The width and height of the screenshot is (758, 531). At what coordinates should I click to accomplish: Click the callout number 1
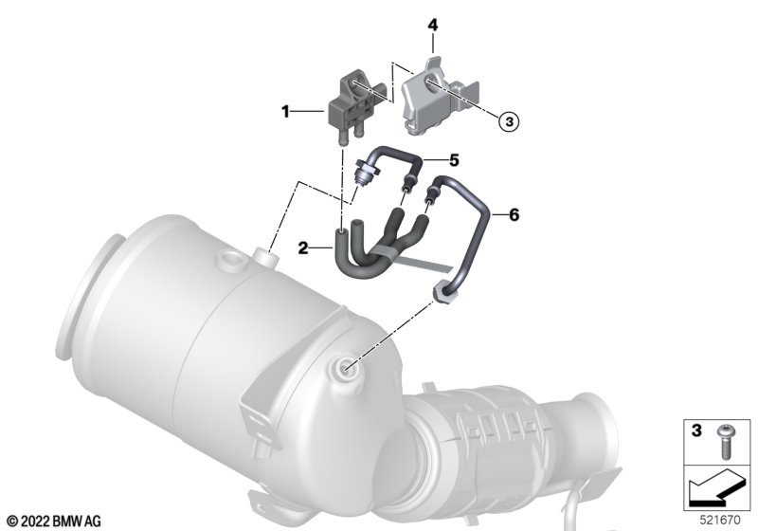pyautogui.click(x=285, y=112)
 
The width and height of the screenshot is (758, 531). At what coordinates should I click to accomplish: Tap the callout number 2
pyautogui.click(x=303, y=248)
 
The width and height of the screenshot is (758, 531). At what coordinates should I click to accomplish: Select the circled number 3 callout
pyautogui.click(x=509, y=121)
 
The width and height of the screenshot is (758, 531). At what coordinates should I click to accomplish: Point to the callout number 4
pyautogui.click(x=433, y=26)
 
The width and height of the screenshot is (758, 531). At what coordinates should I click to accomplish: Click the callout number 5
pyautogui.click(x=454, y=160)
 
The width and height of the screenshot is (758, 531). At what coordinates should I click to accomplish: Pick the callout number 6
pyautogui.click(x=514, y=214)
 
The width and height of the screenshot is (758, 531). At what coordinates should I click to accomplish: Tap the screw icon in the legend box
pyautogui.click(x=725, y=442)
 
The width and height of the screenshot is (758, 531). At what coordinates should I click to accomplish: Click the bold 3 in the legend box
pyautogui.click(x=696, y=430)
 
